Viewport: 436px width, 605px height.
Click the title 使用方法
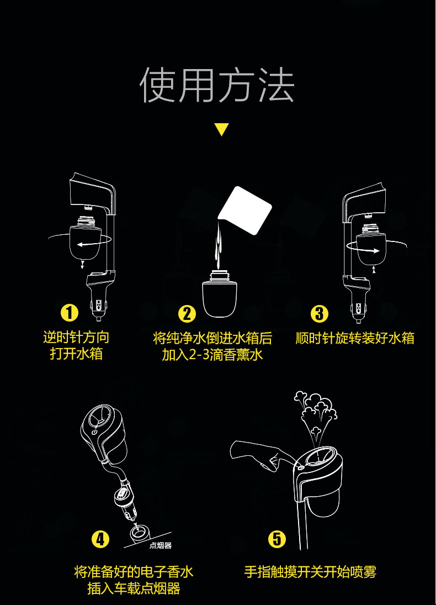tap(217, 85)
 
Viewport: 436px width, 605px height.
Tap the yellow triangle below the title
tap(222, 129)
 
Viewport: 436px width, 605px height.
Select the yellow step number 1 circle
tap(70, 313)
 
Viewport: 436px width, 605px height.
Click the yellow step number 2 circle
tap(187, 314)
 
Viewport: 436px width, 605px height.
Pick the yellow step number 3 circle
tap(320, 313)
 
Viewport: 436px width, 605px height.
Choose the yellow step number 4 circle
tap(100, 539)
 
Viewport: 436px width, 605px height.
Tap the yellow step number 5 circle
tap(277, 539)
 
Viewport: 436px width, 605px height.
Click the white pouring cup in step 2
tap(245, 211)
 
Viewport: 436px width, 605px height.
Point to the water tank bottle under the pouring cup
tap(219, 294)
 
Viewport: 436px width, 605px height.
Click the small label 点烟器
tap(161, 545)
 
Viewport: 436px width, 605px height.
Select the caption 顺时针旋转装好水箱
tap(355, 338)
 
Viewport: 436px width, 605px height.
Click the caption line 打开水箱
tap(76, 354)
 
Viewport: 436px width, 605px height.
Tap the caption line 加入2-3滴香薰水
tap(212, 355)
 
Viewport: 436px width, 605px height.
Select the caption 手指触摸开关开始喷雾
tap(310, 572)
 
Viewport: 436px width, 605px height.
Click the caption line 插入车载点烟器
tap(134, 589)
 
